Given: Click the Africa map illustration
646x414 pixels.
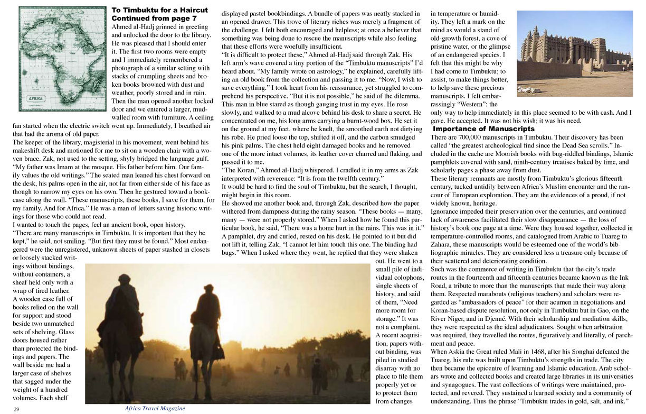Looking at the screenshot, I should click(62, 58).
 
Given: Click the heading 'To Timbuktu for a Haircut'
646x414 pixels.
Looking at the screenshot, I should click(159, 10).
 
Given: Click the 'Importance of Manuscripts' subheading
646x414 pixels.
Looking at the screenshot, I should click(483, 128).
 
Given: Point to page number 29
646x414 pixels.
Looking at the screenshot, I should click(17, 409).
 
